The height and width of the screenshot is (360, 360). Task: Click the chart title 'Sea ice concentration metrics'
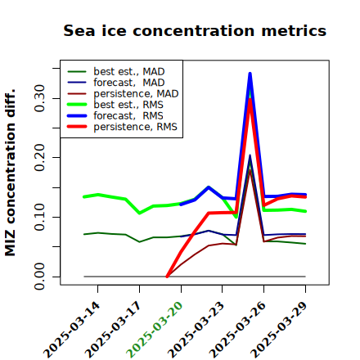pyautogui.click(x=195, y=30)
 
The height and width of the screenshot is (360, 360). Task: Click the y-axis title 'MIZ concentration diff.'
pyautogui.click(x=10, y=173)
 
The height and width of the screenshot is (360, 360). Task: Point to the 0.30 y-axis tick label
pyautogui.click(x=40, y=98)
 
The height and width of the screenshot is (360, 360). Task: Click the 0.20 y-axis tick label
pyautogui.click(x=40, y=157)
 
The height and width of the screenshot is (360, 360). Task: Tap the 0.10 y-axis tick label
pyautogui.click(x=40, y=217)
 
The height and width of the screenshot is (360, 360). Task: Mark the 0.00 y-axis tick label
pyautogui.click(x=40, y=277)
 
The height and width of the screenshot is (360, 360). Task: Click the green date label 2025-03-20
pyautogui.click(x=155, y=330)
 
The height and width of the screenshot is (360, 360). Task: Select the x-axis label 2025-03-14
pyautogui.click(x=72, y=330)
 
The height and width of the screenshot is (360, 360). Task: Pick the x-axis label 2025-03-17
pyautogui.click(x=113, y=330)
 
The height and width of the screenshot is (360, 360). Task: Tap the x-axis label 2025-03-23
pyautogui.click(x=196, y=330)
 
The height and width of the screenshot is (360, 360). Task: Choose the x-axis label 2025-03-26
pyautogui.click(x=237, y=330)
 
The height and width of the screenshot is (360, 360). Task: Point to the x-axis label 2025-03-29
pyautogui.click(x=279, y=330)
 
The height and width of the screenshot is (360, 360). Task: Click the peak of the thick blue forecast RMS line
pyautogui.click(x=250, y=74)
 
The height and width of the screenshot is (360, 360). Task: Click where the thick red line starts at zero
pyautogui.click(x=167, y=277)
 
